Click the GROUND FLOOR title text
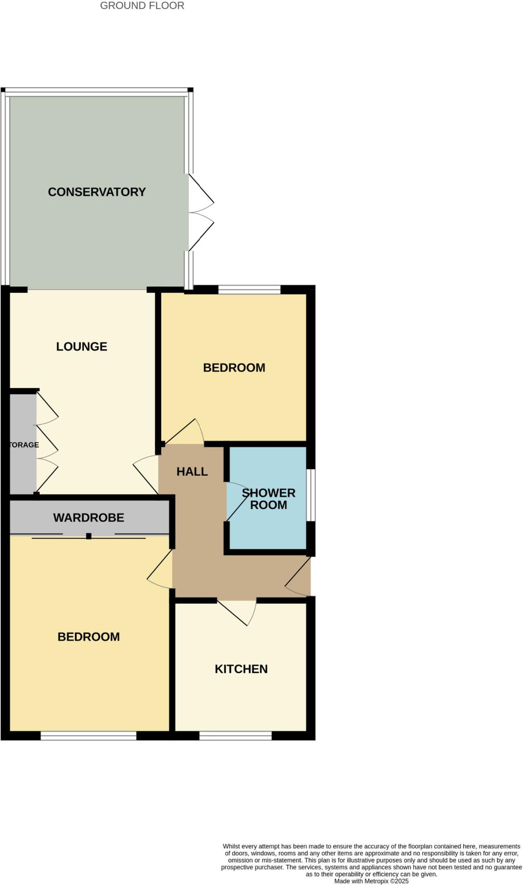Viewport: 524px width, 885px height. (x=142, y=6)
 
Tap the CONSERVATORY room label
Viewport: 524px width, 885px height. (x=96, y=192)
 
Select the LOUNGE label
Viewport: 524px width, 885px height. (x=82, y=346)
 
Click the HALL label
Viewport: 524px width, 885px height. (x=192, y=471)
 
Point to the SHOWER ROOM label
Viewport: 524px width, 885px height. (x=268, y=499)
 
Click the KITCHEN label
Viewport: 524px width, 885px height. (x=241, y=669)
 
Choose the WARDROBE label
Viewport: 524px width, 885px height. (x=89, y=517)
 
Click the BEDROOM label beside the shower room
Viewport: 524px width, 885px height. (x=234, y=368)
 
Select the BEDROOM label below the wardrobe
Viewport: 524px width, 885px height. (x=89, y=637)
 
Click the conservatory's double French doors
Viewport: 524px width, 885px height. (x=200, y=212)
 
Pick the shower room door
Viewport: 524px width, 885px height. (x=237, y=501)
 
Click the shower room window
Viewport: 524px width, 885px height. (x=311, y=495)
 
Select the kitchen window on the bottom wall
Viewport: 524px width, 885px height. (x=235, y=735)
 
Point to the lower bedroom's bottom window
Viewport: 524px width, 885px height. (x=88, y=735)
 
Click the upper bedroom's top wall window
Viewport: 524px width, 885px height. (x=249, y=290)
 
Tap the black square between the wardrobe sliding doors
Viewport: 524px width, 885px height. (x=89, y=536)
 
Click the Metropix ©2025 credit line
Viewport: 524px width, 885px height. (x=371, y=881)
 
